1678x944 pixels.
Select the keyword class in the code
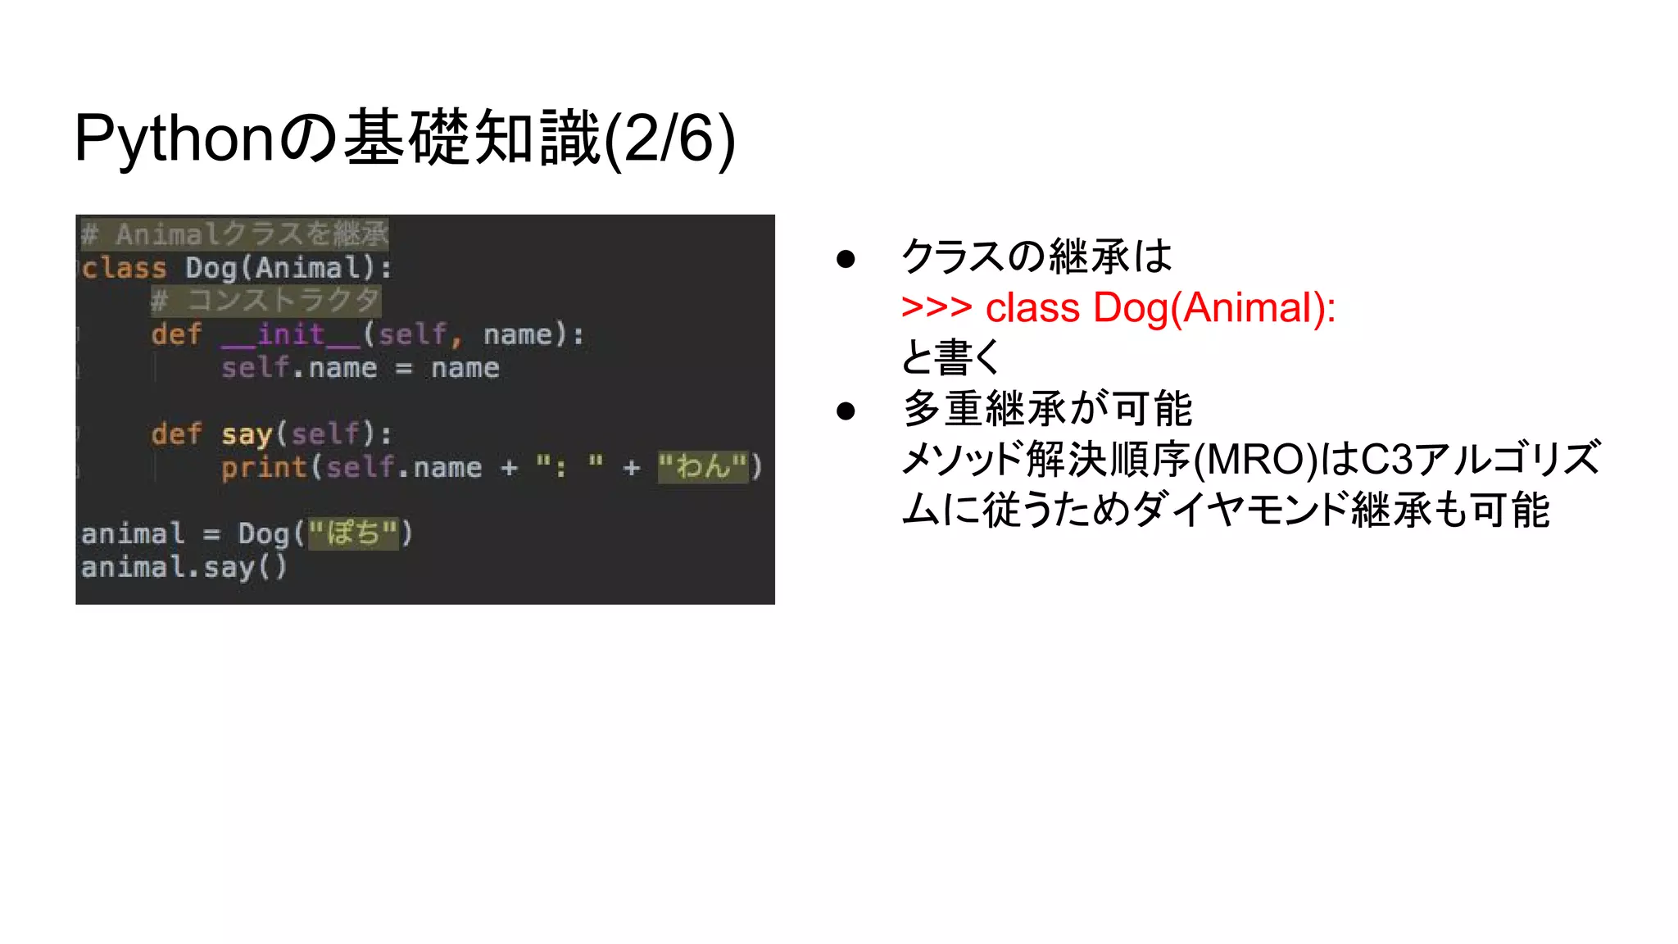[x=125, y=268]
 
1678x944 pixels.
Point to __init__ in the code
[x=291, y=334]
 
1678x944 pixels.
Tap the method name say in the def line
[x=246, y=433]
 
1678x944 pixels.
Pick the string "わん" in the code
[x=703, y=467]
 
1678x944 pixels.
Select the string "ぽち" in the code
[x=353, y=533]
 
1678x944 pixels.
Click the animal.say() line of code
[x=184, y=567]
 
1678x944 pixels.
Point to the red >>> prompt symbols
[x=936, y=308]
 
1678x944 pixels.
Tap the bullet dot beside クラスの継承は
[x=846, y=259]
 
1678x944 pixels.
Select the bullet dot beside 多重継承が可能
[x=846, y=411]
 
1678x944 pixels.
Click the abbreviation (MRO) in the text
[x=1254, y=460]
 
